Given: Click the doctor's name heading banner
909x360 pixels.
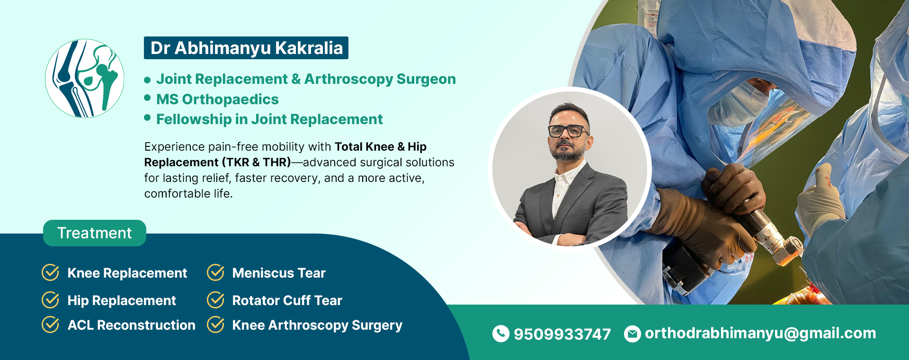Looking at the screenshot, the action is [x=246, y=48].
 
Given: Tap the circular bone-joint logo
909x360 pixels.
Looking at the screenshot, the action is [x=85, y=78].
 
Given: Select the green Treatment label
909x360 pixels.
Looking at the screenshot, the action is [x=95, y=233].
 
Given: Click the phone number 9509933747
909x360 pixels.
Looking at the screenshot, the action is [x=562, y=334].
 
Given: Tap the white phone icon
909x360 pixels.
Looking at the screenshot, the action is [x=501, y=333].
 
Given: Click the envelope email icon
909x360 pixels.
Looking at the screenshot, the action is [x=633, y=334].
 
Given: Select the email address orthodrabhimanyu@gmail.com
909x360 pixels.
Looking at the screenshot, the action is [x=760, y=333].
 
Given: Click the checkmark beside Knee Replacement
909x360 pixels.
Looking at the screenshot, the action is [x=51, y=272].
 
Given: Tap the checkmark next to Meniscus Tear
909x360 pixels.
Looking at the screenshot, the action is [x=216, y=272].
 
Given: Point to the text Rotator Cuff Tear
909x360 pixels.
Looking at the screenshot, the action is [x=287, y=300].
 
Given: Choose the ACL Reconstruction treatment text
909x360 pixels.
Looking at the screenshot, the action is [x=131, y=325].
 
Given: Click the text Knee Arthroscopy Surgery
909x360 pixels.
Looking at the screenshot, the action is [x=317, y=325].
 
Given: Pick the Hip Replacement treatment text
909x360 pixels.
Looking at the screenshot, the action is [x=122, y=301].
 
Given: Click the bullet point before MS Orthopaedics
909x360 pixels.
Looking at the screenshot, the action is [x=147, y=98].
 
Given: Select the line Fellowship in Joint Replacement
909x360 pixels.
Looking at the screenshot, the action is [x=269, y=119].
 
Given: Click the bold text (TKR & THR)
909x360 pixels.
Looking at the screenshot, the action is [x=256, y=162].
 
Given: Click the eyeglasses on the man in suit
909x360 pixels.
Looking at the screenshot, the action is [x=568, y=130].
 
